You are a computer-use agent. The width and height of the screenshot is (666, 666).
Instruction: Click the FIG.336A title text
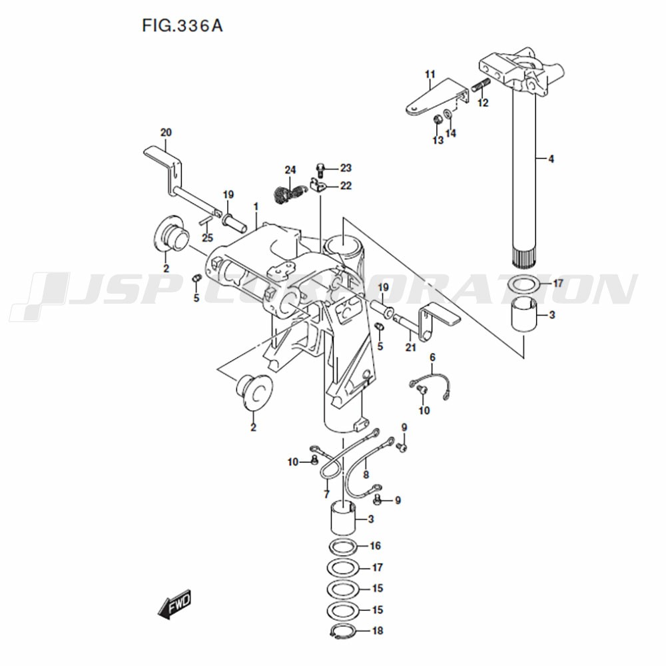[182, 26]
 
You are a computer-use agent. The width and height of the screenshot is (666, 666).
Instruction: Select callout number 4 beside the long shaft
[551, 159]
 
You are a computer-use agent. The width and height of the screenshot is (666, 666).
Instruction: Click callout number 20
[166, 132]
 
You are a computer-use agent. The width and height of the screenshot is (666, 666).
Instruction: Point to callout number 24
[290, 169]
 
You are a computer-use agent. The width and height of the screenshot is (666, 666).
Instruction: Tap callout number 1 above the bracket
[256, 207]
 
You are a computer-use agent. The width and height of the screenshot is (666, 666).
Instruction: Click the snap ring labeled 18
[342, 629]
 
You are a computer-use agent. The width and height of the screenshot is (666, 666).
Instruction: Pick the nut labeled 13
[437, 120]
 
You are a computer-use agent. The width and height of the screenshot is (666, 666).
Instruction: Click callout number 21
[410, 347]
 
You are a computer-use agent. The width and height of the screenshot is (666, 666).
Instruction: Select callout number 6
[432, 358]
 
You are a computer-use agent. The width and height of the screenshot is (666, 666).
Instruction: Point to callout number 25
[207, 238]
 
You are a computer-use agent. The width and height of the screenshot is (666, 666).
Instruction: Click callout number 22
[346, 186]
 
